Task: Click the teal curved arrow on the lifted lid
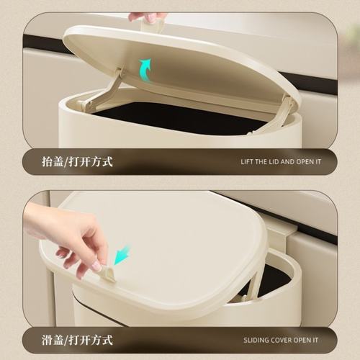(x=145, y=70)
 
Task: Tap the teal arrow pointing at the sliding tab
(x=122, y=254)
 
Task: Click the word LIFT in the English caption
(x=248, y=162)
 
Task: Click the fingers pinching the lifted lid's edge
(x=148, y=17)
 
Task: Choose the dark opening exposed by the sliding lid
(x=274, y=277)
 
